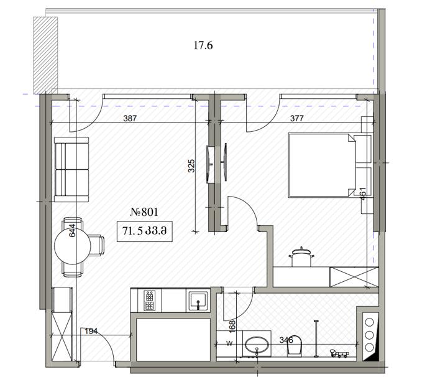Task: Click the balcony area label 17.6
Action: [203, 45]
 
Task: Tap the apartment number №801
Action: [144, 212]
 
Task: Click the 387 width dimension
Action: [130, 118]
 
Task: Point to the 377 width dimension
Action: [297, 118]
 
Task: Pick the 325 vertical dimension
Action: [191, 166]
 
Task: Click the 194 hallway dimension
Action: [91, 331]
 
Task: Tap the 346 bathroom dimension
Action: [286, 340]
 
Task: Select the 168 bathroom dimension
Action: [232, 325]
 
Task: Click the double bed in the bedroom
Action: [330, 165]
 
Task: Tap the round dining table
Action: [73, 246]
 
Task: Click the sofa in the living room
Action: [71, 169]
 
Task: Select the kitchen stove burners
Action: [150, 300]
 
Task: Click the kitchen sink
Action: [198, 301]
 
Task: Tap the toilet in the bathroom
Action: [295, 345]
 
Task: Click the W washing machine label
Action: [229, 343]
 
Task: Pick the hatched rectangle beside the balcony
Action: [45, 55]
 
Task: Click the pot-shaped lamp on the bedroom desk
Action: [301, 256]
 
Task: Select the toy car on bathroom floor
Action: [339, 353]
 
